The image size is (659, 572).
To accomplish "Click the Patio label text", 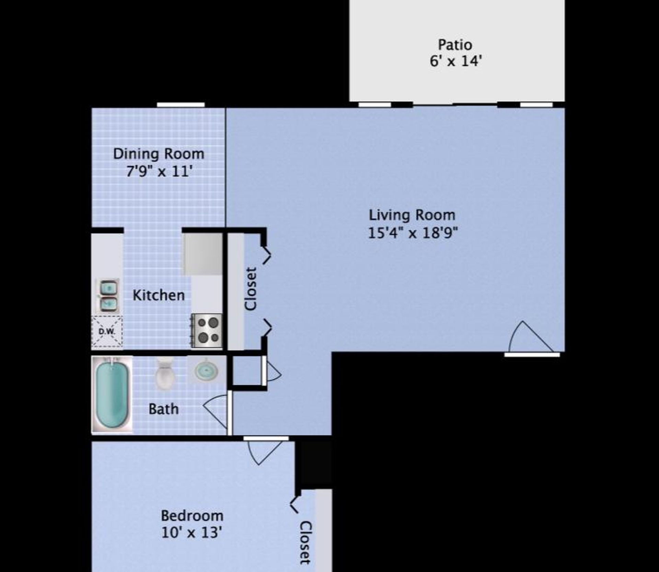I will (x=455, y=45).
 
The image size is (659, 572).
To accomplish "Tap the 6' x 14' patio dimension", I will (x=456, y=61).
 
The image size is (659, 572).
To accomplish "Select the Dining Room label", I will (x=159, y=154).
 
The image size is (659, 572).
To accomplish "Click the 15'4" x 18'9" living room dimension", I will (x=413, y=233).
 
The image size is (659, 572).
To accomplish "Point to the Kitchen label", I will (x=159, y=296).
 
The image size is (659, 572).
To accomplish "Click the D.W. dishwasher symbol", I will (x=107, y=331).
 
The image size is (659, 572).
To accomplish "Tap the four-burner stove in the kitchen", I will (x=207, y=330).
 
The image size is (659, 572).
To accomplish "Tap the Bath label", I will (x=163, y=409).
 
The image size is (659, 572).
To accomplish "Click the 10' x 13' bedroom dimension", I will (x=192, y=533).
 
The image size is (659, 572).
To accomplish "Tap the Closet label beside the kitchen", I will (x=251, y=289).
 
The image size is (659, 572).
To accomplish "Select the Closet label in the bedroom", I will (x=305, y=542).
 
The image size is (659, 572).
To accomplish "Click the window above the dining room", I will (x=181, y=105).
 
